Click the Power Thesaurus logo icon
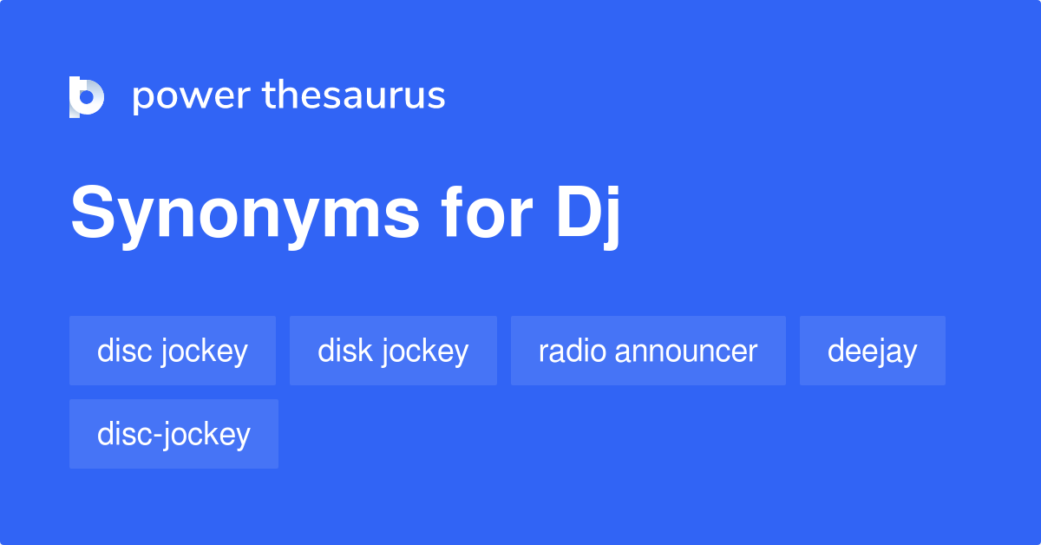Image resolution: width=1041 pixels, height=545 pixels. click(87, 96)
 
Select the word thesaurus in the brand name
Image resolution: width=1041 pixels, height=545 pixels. click(354, 96)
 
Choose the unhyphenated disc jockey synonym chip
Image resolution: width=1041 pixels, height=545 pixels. click(173, 351)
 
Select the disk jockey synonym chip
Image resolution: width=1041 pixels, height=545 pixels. click(393, 351)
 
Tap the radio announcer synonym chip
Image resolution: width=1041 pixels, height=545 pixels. click(648, 351)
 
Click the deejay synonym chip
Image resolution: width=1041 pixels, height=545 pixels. click(872, 351)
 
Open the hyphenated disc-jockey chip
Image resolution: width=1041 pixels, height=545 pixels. click(173, 434)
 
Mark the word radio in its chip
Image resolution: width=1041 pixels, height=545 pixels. click(573, 351)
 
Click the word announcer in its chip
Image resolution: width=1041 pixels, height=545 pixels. click(687, 351)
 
